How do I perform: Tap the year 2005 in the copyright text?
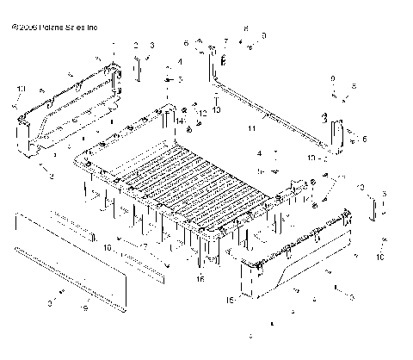coord(27,28)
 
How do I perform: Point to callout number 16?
coord(200,278)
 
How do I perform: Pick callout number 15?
coord(230,300)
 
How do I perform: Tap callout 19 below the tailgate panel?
coord(83,307)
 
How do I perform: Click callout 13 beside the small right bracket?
coord(361,187)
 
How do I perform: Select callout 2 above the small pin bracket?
coord(135,44)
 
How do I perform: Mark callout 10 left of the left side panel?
coord(21,89)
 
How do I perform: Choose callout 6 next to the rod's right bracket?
coord(364,138)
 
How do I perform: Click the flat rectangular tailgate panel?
coord(73,245)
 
